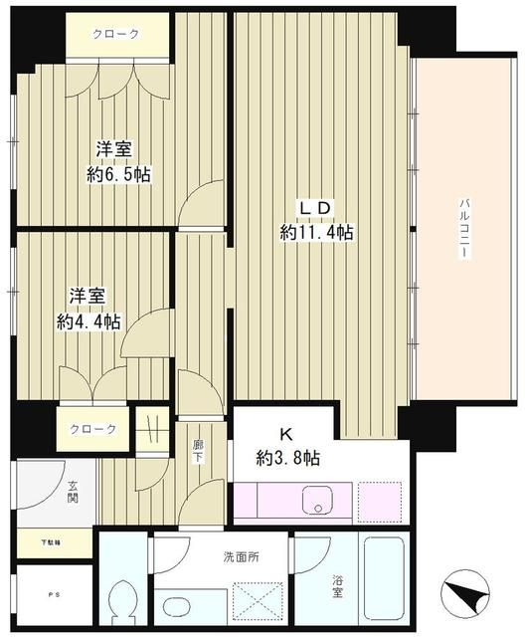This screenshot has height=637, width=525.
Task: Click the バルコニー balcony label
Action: [x=463, y=230]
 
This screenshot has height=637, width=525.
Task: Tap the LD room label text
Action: [x=316, y=207]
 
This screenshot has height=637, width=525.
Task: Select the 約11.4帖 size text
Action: [x=316, y=232]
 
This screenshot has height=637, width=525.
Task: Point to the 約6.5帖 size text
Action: [x=116, y=174]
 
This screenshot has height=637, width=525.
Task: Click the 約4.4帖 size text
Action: [x=88, y=321]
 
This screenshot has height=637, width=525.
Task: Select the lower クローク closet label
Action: [x=92, y=429]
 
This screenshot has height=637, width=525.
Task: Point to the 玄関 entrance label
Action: [x=74, y=493]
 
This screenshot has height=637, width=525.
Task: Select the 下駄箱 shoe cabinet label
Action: [x=50, y=543]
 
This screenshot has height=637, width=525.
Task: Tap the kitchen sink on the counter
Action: [x=319, y=501]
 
